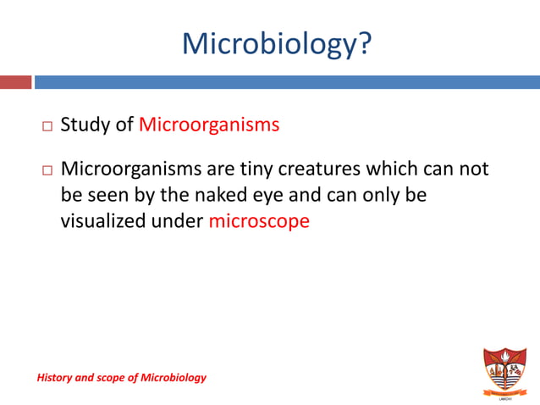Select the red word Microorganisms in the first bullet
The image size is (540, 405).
[209, 125]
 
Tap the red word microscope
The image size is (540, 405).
[259, 223]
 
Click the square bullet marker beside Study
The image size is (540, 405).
[47, 126]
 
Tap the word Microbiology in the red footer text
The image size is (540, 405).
[174, 377]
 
